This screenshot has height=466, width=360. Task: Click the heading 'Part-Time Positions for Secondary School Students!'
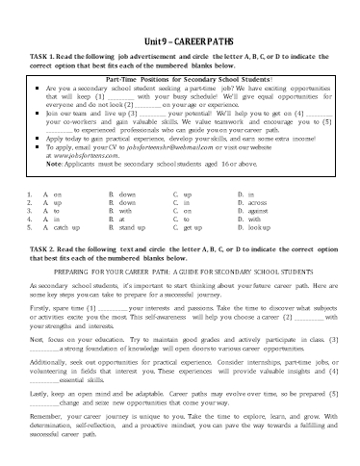pos(179,78)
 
